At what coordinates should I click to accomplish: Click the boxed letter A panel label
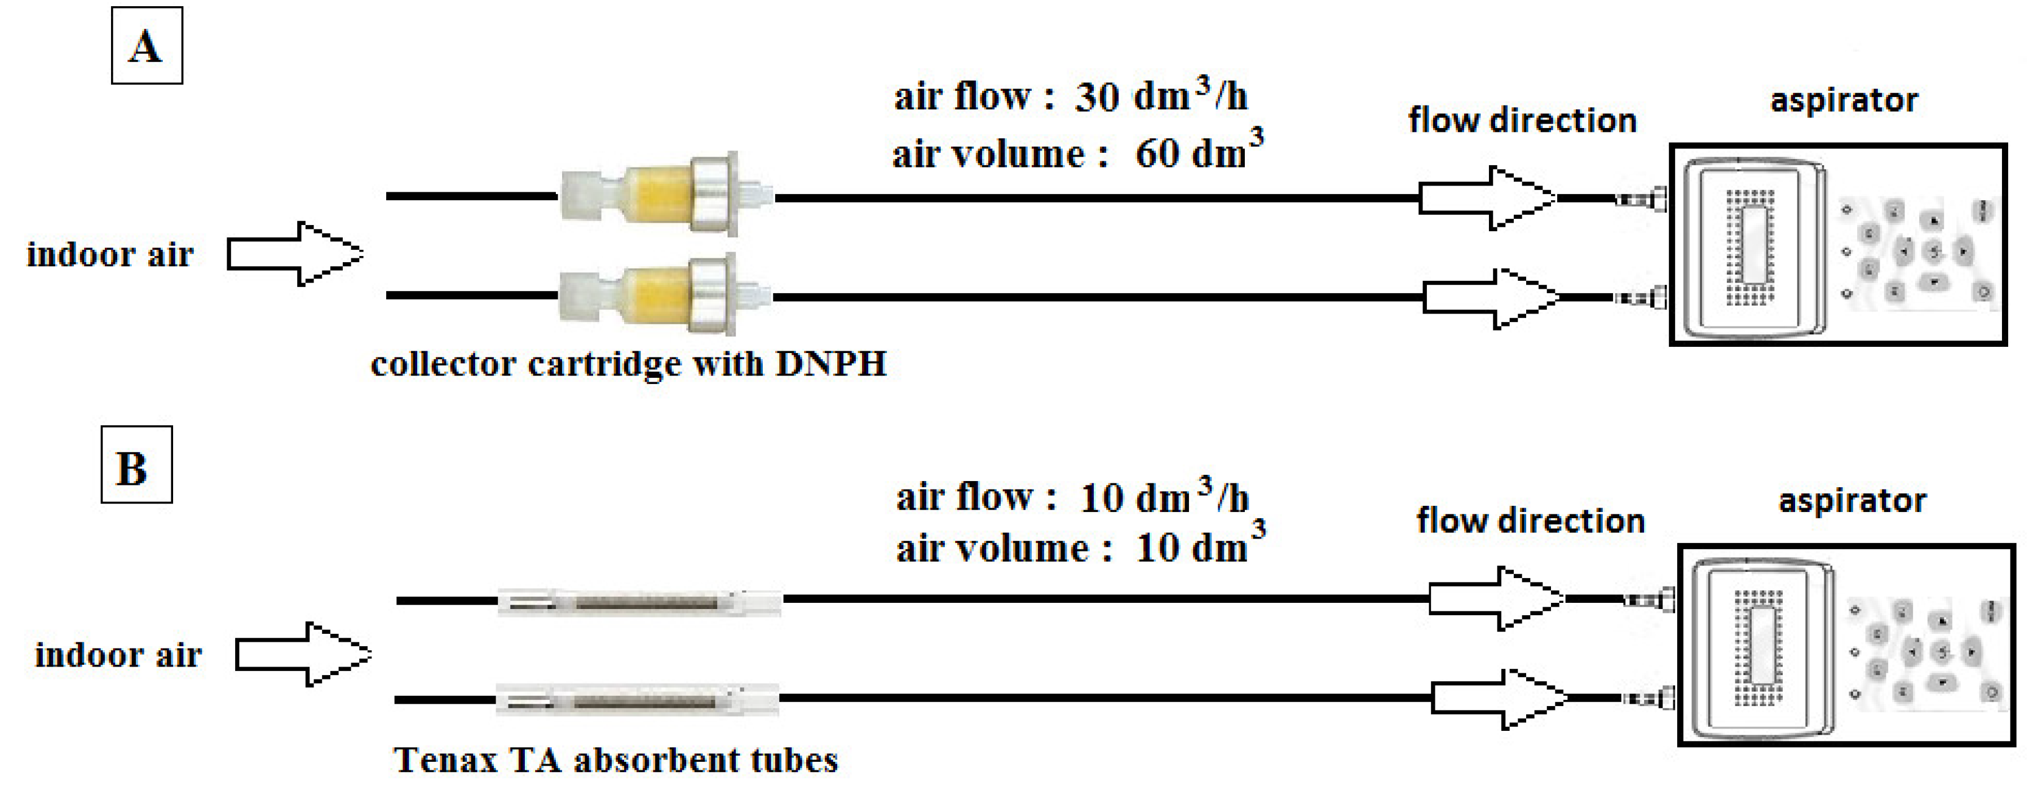(x=147, y=46)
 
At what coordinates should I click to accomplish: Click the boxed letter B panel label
(x=136, y=466)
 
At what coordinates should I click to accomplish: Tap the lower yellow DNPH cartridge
(x=657, y=294)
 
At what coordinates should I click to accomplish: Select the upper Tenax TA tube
(x=639, y=603)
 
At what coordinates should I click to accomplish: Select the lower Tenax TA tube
(x=638, y=700)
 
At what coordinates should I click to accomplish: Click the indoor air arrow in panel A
(x=294, y=253)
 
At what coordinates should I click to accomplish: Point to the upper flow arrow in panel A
(x=1486, y=197)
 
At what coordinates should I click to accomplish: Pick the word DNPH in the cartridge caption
(x=831, y=364)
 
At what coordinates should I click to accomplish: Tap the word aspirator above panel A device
(x=1844, y=101)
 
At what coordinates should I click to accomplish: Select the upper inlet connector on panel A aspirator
(x=1641, y=199)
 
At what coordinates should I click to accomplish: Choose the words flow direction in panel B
(x=1530, y=522)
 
